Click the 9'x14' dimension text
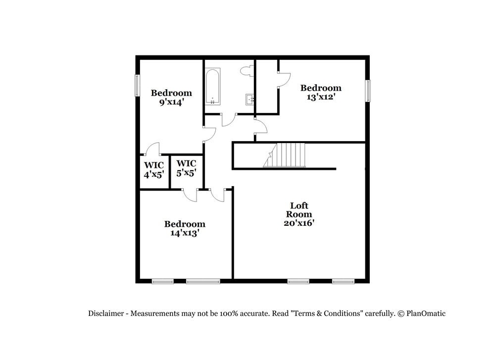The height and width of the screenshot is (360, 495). pyautogui.click(x=171, y=103)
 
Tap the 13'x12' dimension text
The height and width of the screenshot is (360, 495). pyautogui.click(x=321, y=97)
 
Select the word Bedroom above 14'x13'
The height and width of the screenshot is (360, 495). pyautogui.click(x=185, y=224)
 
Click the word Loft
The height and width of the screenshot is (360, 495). pyautogui.click(x=298, y=205)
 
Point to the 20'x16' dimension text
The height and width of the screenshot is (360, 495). pyautogui.click(x=298, y=223)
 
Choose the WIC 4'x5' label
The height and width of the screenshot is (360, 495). pyautogui.click(x=154, y=169)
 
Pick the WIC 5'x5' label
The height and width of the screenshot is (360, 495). pyautogui.click(x=187, y=168)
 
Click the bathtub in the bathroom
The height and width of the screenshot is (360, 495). pyautogui.click(x=213, y=86)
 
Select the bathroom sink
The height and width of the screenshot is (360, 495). pyautogui.click(x=250, y=100)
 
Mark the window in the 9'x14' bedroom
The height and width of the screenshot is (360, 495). pyautogui.click(x=138, y=85)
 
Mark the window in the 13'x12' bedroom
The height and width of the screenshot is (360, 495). pyautogui.click(x=368, y=90)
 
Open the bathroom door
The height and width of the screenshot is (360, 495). pyautogui.click(x=228, y=119)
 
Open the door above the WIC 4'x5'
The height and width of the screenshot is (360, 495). pyautogui.click(x=152, y=149)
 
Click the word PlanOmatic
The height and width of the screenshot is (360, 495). pyautogui.click(x=426, y=313)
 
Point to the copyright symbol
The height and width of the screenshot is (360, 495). pyautogui.click(x=401, y=313)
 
